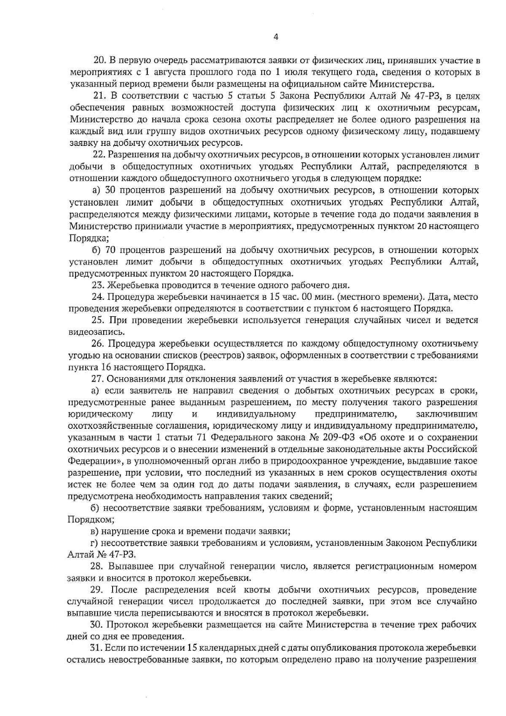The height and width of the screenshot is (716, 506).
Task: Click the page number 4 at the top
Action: (x=276, y=37)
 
